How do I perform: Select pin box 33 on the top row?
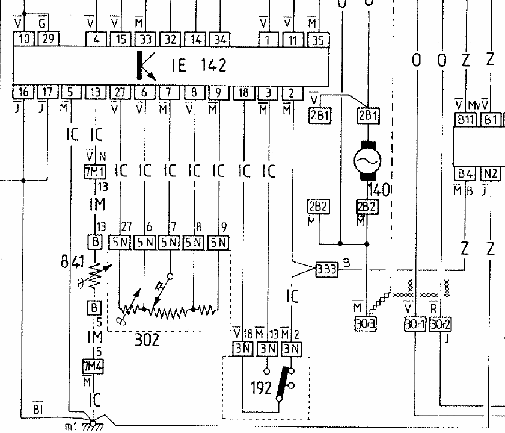pos(145,40)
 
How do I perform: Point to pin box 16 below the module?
pos(23,92)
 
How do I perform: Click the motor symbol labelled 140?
pos(367,161)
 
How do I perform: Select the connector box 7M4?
pos(94,366)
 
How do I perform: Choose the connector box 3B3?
pos(327,269)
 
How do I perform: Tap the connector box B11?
pos(464,119)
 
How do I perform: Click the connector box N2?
pos(491,174)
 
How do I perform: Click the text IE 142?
pos(198,65)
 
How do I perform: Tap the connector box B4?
pos(465,174)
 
